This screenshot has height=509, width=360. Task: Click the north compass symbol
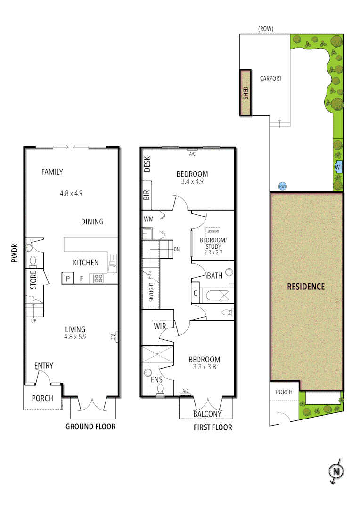coord(336,471)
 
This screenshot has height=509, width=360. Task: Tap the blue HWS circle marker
coord(283,187)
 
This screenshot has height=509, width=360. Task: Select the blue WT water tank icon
coord(338,167)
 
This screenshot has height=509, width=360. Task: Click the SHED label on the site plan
coord(245,92)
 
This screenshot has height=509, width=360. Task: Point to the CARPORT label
coord(270,78)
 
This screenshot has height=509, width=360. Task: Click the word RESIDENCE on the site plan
coord(306,286)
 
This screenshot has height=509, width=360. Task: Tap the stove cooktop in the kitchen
coord(98,278)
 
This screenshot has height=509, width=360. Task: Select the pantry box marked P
coord(68,279)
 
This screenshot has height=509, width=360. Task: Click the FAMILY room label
coord(52,172)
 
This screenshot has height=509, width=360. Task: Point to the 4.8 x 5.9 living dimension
coord(75,337)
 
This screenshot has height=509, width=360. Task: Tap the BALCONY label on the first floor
coord(207,414)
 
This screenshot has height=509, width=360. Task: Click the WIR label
coord(158,326)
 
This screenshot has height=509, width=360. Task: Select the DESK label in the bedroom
coord(147,164)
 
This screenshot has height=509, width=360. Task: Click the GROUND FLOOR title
coord(90,427)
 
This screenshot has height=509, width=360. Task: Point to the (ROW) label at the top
coord(266,29)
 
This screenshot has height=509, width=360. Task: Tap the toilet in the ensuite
coord(161,388)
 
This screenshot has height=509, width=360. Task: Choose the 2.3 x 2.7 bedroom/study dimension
coord(213,252)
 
